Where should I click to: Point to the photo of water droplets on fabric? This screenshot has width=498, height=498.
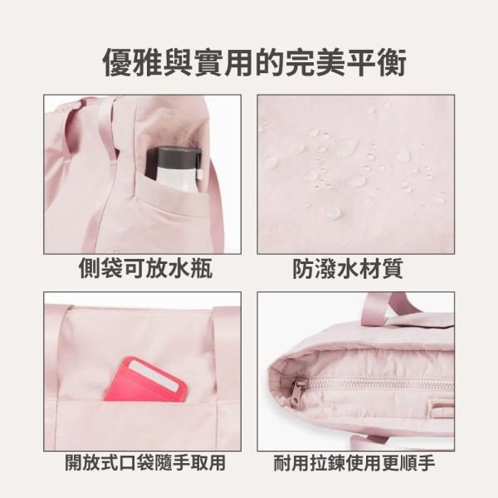pos(355,173)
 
